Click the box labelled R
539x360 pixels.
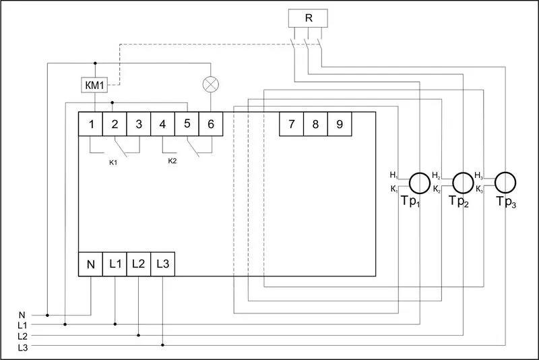click(308, 18)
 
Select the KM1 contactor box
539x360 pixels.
click(94, 86)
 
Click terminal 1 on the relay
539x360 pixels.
click(90, 124)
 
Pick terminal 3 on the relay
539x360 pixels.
click(139, 124)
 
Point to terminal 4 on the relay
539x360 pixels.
click(162, 124)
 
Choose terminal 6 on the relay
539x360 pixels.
click(211, 124)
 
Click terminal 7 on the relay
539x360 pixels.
click(291, 124)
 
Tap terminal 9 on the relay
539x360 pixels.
click(340, 124)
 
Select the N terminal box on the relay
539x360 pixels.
click(90, 264)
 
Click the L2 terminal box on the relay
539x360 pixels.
click(139, 264)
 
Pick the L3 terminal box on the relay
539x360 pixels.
click(163, 264)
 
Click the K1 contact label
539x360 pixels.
click(113, 162)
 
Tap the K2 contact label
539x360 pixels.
click(172, 160)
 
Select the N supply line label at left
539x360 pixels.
click(22, 314)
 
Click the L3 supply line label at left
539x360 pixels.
click(23, 346)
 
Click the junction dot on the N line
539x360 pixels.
click(47, 314)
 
